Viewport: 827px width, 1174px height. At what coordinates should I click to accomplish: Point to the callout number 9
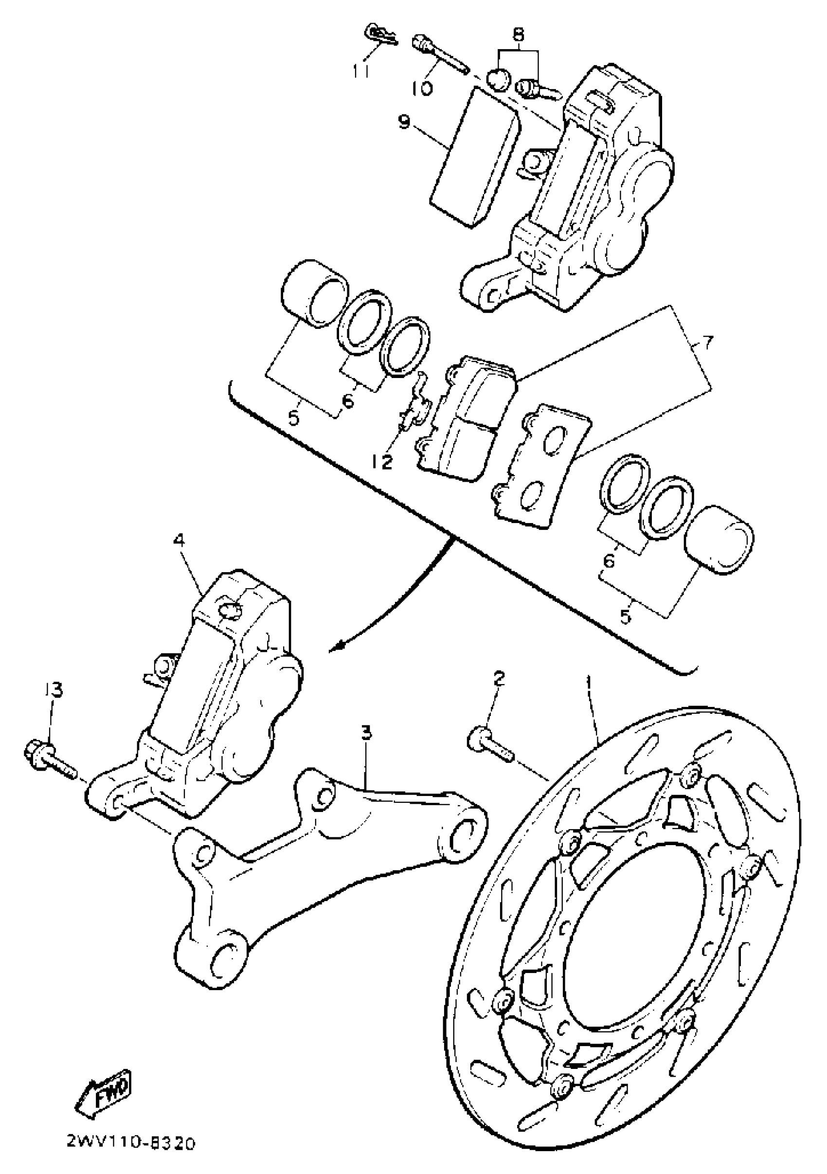pos(404,123)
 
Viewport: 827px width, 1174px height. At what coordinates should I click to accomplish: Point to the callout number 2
pos(499,679)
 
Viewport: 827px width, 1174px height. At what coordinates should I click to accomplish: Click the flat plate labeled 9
pos(474,157)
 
